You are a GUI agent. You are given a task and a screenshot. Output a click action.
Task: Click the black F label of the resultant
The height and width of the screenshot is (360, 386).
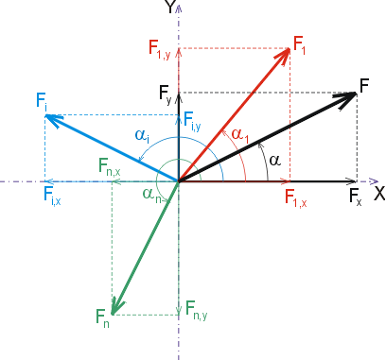[x=364, y=86]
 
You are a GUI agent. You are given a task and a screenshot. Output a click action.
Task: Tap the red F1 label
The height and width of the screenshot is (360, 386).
[x=299, y=44]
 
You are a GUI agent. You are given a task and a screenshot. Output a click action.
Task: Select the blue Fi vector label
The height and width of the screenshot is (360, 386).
[x=42, y=101]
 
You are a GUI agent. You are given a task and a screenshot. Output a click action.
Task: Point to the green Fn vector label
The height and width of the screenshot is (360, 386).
[x=102, y=317]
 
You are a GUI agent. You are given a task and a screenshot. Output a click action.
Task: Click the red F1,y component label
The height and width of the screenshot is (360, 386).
[x=159, y=49]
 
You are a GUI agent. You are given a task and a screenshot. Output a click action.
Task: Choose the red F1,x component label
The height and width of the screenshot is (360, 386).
[x=295, y=198]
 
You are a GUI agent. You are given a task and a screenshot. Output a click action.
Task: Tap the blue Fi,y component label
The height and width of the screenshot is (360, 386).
[x=192, y=121]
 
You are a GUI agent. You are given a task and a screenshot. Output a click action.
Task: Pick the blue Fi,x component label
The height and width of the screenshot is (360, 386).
[x=52, y=196]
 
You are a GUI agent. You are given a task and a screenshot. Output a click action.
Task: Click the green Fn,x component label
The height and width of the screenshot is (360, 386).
[x=110, y=166]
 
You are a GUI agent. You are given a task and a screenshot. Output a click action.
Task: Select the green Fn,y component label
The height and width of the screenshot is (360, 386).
[x=196, y=310]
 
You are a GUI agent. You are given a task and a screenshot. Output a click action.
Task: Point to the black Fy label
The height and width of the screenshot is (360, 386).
[x=165, y=94]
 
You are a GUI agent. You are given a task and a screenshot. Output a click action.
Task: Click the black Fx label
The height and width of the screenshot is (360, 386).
[x=356, y=197]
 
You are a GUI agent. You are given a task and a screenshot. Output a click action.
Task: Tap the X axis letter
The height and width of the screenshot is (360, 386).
[x=379, y=193]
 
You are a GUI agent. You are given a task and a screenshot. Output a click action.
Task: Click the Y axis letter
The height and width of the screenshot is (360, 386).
[x=170, y=7]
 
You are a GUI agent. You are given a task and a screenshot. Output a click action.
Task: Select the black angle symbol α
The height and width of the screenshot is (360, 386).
[x=275, y=161]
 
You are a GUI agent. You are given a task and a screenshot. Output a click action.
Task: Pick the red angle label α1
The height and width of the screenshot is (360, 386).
[x=240, y=135]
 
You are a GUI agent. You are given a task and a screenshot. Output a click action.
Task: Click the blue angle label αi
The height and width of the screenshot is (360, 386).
[x=142, y=136]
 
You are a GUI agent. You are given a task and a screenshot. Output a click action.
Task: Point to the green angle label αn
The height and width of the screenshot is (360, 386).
[x=152, y=195]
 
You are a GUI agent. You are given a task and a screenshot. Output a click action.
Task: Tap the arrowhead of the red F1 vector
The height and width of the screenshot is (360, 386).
[x=283, y=55]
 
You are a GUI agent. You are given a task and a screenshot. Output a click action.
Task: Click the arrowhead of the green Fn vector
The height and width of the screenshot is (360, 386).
[x=117, y=306]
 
